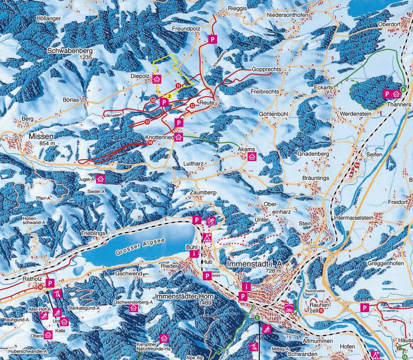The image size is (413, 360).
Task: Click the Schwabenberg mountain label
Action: point(69,50)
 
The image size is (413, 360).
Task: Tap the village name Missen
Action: point(40,136)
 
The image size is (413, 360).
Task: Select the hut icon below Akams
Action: point(252,157)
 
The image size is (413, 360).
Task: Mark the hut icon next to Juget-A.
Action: point(100,179)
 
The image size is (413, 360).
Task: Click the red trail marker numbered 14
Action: point(150,143)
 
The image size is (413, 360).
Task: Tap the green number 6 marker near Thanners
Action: point(403,89)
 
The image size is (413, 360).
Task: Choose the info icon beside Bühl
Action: point(194,253)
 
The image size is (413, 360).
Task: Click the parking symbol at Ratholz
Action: point(50,283)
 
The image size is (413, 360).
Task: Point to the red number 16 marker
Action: point(40,287)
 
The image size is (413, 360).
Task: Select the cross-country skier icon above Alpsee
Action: point(210,221)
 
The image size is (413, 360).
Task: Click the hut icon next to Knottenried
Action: point(179,137)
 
